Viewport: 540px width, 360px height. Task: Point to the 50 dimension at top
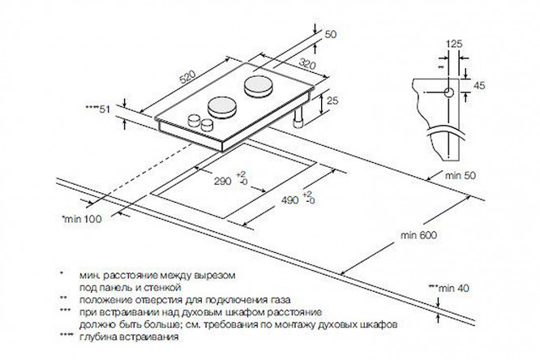[x=329, y=35]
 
